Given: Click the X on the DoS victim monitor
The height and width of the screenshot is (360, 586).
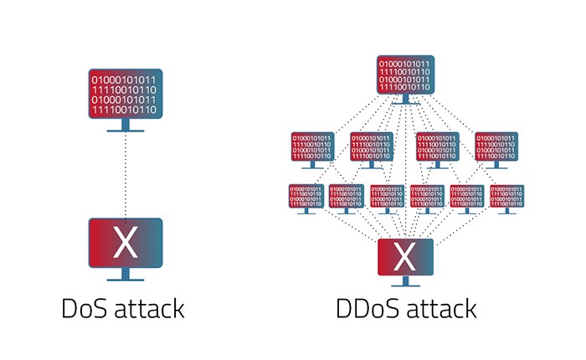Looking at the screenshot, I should (x=125, y=243).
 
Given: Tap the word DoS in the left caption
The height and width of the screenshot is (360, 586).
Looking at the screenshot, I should (x=86, y=307).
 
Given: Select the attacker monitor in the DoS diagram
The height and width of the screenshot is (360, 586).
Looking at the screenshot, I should (x=125, y=94).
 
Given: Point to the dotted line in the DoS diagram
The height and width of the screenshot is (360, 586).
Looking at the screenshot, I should (x=125, y=176).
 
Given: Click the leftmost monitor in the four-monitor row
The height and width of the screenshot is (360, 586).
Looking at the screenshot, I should (x=313, y=147).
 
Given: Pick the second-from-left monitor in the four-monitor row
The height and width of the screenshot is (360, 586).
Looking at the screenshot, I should (x=372, y=147).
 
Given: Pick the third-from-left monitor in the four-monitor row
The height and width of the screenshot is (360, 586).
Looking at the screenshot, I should (x=438, y=147).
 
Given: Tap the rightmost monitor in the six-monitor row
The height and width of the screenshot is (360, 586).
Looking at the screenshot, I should (x=506, y=197).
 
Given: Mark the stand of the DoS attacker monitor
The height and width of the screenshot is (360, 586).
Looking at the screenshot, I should (x=125, y=126).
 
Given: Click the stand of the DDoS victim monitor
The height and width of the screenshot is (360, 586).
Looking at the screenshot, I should (x=406, y=282).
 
